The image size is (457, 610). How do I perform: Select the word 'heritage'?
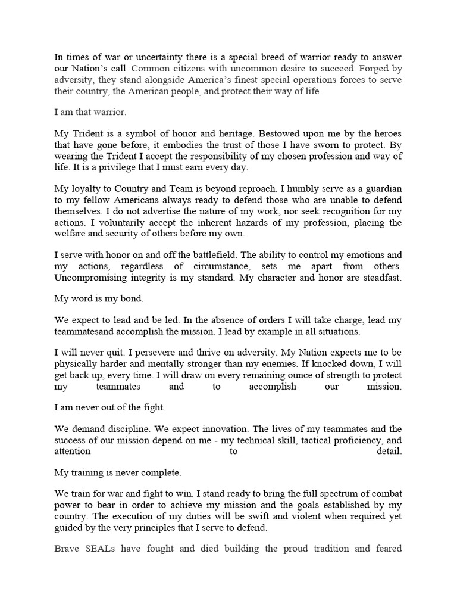tap(246, 135)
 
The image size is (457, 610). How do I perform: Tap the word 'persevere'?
tap(160, 353)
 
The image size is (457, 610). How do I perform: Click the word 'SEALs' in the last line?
tap(102, 548)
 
